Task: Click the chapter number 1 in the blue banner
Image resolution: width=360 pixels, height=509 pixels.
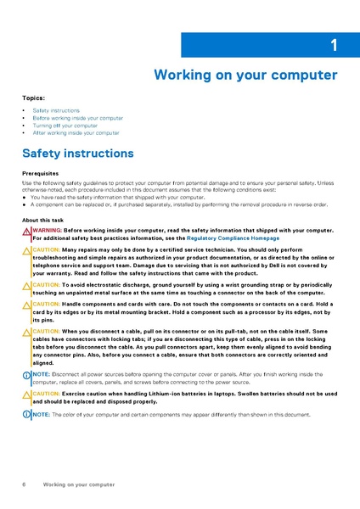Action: click(334, 45)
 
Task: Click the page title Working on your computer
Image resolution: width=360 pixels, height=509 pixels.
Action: click(245, 75)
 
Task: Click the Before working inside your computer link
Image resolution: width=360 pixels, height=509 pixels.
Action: click(77, 118)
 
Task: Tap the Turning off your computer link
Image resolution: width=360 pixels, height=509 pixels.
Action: click(65, 126)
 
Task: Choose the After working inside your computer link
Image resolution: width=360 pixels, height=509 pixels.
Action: click(76, 133)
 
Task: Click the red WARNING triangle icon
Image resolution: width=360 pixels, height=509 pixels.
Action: click(26, 231)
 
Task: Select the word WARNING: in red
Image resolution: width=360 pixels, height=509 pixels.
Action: click(47, 230)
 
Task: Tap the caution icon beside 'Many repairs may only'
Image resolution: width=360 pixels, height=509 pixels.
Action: click(26, 251)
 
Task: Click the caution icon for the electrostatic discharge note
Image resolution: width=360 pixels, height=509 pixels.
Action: click(26, 285)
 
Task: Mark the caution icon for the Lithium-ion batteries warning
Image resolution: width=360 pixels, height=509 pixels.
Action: click(26, 394)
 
